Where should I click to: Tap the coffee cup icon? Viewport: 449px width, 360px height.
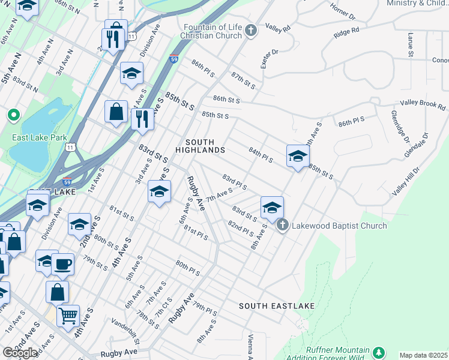tap(62, 263)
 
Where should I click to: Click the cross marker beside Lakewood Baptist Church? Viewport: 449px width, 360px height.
tap(283, 226)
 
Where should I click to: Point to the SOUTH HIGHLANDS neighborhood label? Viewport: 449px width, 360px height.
tap(200, 146)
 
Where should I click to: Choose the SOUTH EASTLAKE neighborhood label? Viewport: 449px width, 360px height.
tap(277, 306)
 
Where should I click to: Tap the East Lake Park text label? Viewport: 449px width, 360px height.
tap(40, 137)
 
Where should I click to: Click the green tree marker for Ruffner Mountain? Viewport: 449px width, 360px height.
tap(378, 353)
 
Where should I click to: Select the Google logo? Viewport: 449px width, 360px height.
tap(20, 353)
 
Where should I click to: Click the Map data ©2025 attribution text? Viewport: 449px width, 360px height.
tap(423, 355)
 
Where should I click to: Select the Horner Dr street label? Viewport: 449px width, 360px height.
tap(342, 11)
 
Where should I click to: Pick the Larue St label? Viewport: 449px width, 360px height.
tap(410, 46)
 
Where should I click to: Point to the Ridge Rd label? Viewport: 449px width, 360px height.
tap(346, 31)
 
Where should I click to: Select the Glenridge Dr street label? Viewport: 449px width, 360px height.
tap(399, 127)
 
